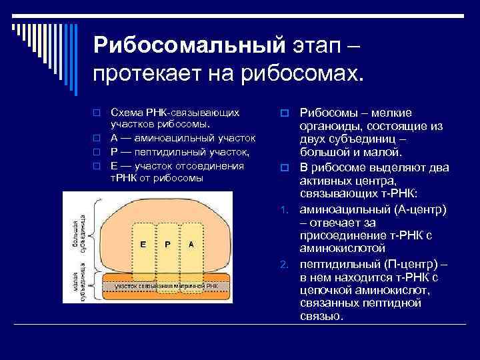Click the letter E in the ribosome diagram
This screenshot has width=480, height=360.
coord(143,244)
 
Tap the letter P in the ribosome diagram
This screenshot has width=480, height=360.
coord(167,244)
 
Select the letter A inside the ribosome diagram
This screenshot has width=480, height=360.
coord(191,244)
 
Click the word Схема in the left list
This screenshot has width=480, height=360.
coord(125,111)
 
